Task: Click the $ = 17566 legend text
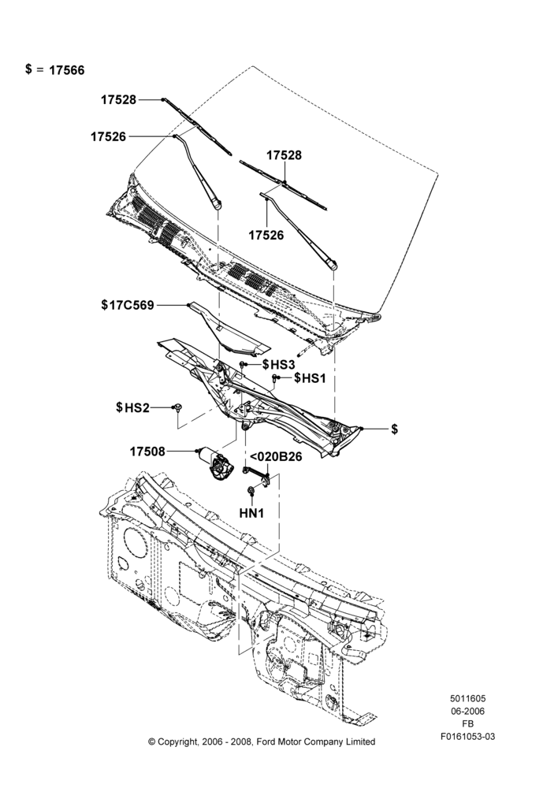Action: click(55, 69)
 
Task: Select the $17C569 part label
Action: click(128, 305)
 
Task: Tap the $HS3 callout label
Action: click(278, 364)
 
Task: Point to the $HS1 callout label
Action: click(311, 377)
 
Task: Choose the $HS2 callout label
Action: click(132, 407)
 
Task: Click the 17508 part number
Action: click(147, 452)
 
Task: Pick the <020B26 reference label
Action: click(276, 457)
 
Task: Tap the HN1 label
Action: click(251, 513)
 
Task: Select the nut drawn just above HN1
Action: click(250, 490)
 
